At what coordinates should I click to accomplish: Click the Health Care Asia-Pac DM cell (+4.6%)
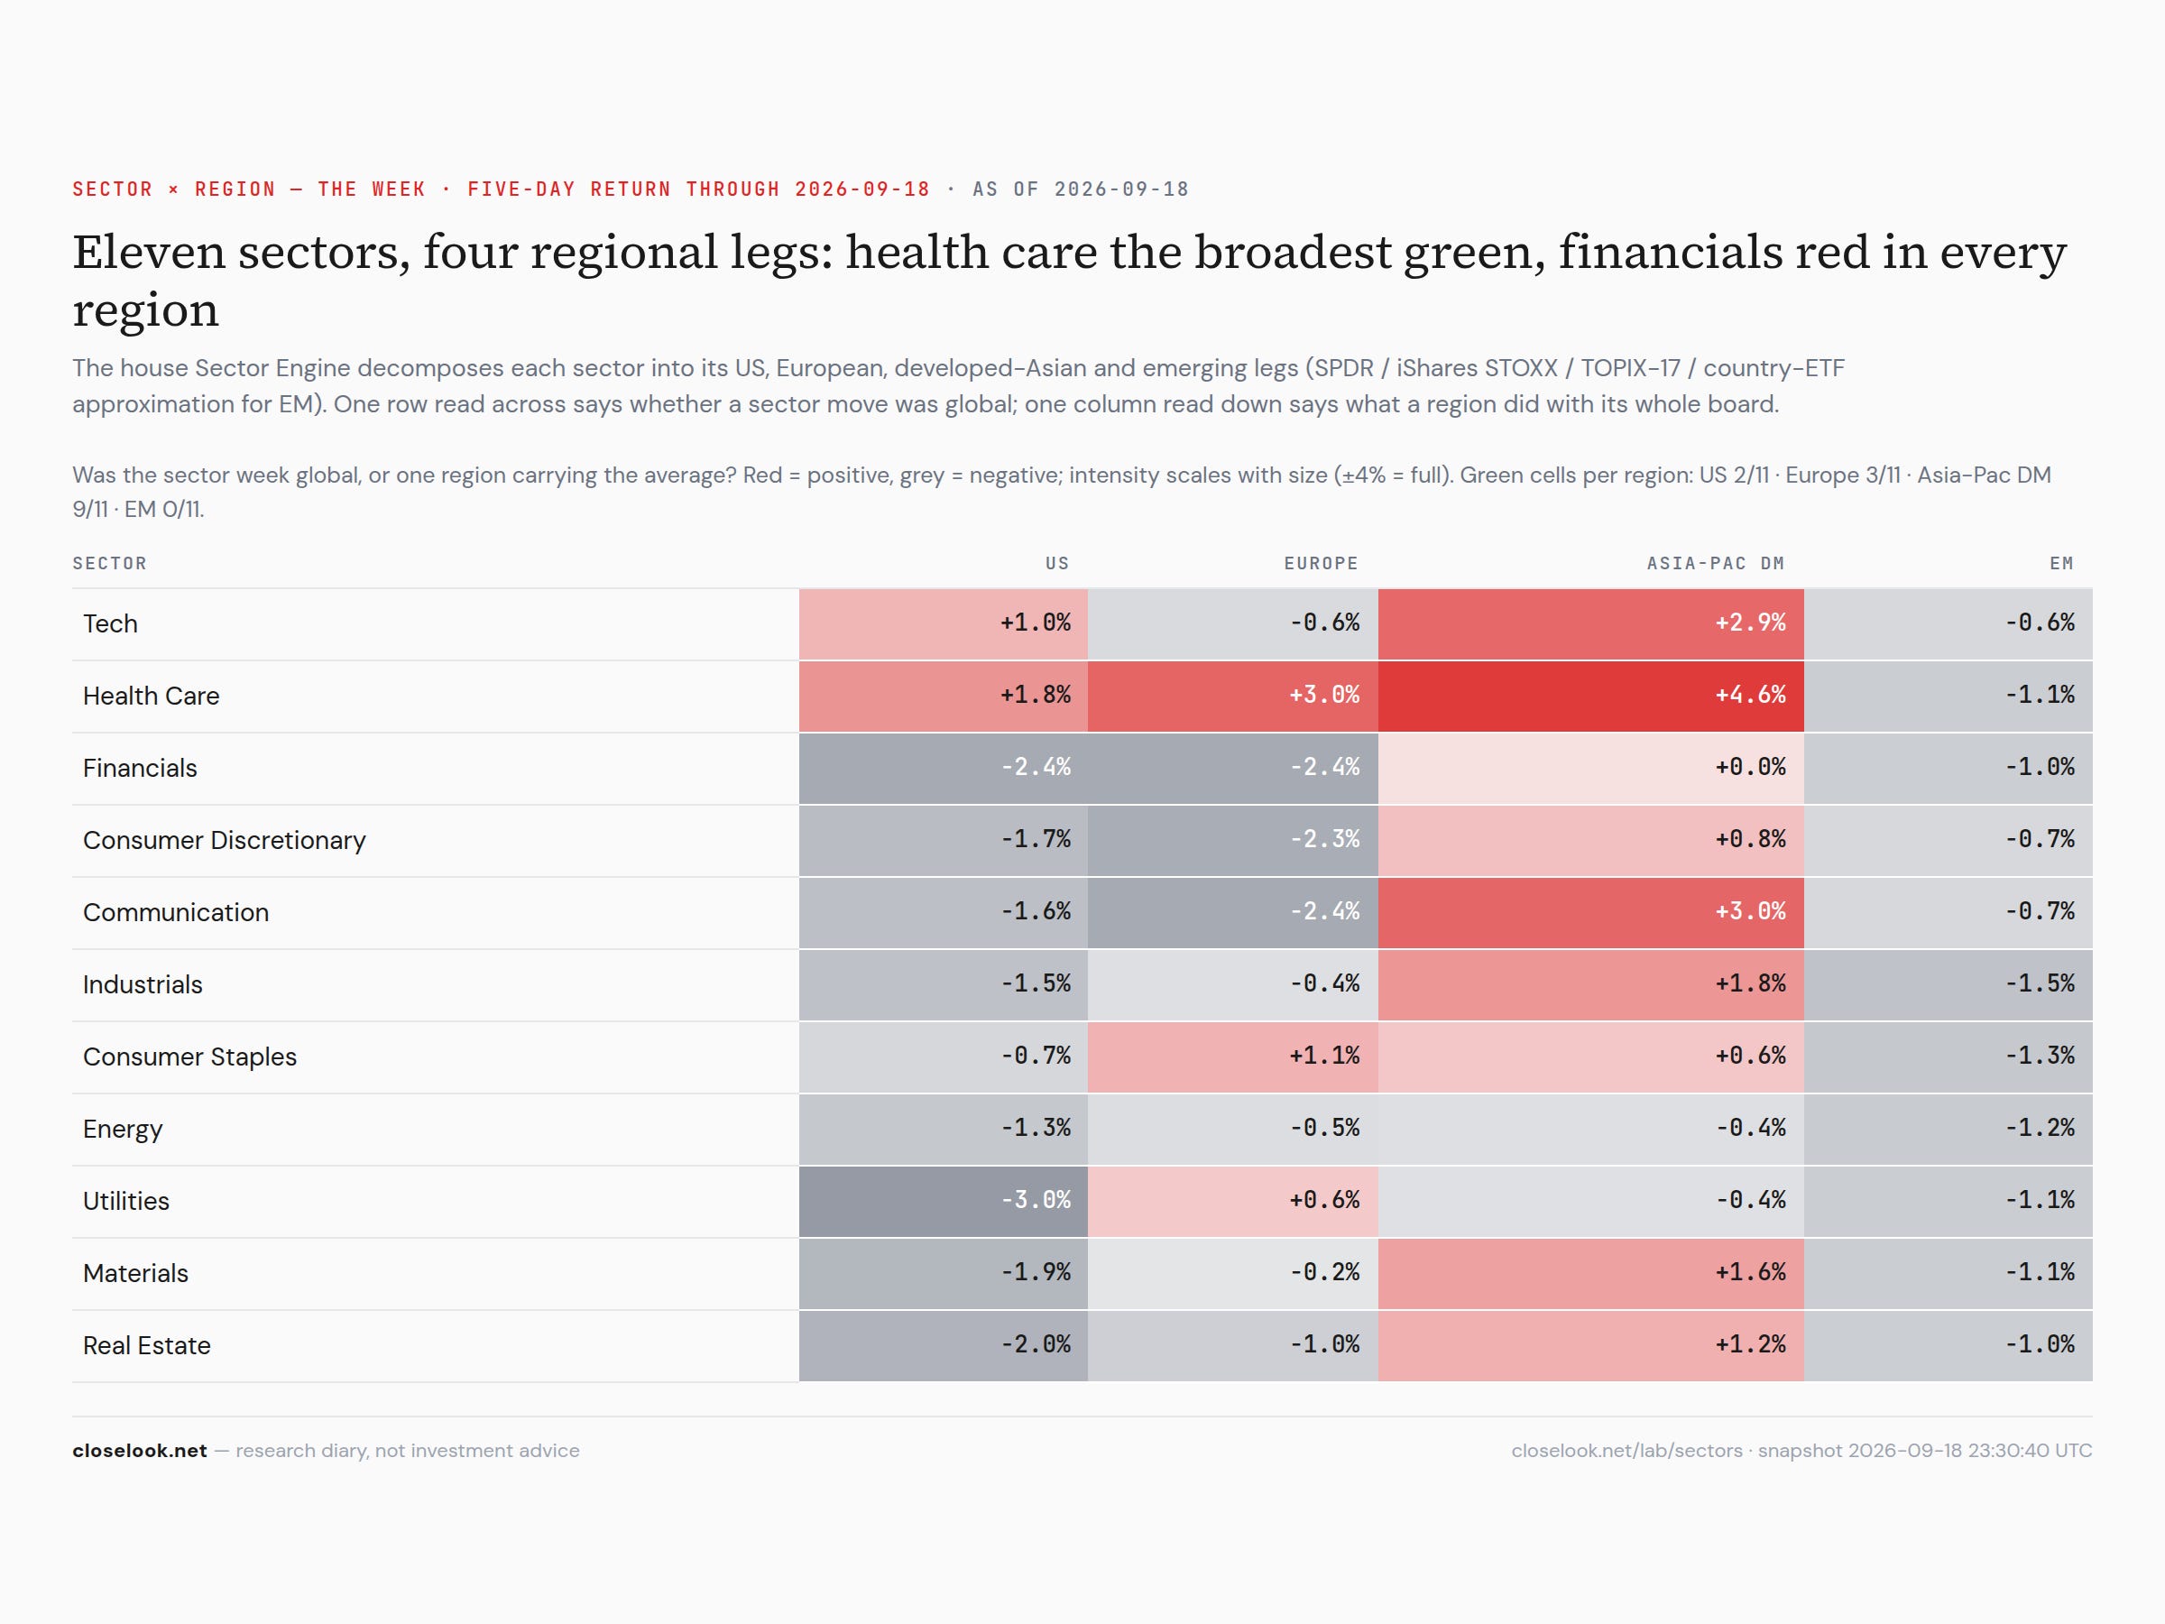[1590, 696]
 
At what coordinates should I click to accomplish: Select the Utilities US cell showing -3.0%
[943, 1201]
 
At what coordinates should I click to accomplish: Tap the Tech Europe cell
[1232, 623]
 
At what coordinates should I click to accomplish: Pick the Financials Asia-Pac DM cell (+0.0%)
[1590, 769]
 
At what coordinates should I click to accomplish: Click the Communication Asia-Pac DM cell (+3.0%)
[1590, 912]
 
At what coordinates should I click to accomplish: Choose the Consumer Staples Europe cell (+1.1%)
[1232, 1057]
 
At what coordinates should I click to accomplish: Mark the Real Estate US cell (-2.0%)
[943, 1346]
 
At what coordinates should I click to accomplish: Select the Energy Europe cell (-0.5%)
[1232, 1129]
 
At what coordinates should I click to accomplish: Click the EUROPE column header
[1321, 564]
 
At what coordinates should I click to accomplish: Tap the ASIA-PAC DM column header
[1715, 564]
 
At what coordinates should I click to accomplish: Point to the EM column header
[2061, 564]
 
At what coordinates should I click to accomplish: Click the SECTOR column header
[110, 564]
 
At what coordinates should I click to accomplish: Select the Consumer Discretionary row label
[224, 841]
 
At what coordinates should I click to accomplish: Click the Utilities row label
[126, 1201]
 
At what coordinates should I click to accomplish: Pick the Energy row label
[123, 1130]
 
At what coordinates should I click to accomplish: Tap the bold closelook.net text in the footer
[140, 1451]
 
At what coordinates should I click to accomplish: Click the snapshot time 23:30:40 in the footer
[2008, 1451]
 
